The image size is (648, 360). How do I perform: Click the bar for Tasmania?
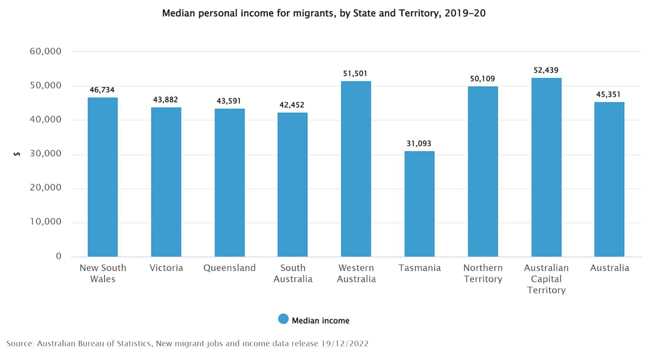(x=419, y=204)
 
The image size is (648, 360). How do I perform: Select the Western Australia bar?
(x=356, y=169)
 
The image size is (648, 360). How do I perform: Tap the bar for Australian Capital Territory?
(x=546, y=168)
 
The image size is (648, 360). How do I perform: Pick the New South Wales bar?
(x=103, y=177)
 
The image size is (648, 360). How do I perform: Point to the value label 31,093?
(x=419, y=143)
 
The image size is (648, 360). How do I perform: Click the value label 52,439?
(x=546, y=70)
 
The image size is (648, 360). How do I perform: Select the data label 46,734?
(x=102, y=90)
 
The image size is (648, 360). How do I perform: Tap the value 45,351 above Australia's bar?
(x=609, y=94)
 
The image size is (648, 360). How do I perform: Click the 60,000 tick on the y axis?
(x=45, y=51)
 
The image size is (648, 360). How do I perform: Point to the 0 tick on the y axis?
(x=59, y=256)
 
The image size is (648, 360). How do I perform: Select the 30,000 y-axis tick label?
(x=45, y=154)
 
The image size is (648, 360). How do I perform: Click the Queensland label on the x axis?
(x=229, y=268)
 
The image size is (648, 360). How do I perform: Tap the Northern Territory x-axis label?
(x=482, y=273)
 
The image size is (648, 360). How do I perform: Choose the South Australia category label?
(x=293, y=273)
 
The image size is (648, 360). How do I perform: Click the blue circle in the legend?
(x=283, y=319)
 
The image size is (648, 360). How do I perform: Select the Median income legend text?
(x=320, y=320)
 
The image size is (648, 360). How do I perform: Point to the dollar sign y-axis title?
(x=17, y=154)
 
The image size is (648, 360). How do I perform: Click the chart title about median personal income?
(x=323, y=13)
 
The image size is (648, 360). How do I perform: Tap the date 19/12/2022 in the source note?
(x=344, y=343)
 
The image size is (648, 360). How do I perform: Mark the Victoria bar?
(x=166, y=182)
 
